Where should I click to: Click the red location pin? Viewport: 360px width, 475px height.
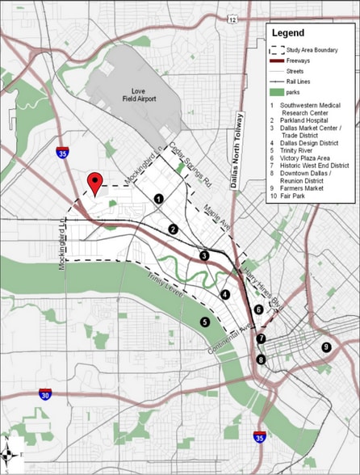[96, 183]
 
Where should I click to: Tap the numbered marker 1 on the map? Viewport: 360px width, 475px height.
[159, 198]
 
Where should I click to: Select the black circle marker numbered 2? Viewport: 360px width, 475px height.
[173, 229]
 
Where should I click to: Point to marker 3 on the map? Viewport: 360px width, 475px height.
[205, 256]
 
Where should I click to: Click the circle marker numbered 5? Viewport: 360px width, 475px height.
[205, 322]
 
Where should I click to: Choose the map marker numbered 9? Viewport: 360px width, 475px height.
[326, 347]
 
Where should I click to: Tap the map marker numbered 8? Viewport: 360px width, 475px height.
[261, 359]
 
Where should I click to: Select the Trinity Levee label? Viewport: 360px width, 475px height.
[166, 289]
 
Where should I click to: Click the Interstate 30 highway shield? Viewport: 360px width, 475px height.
[45, 394]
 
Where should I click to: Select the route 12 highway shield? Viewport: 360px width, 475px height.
[232, 19]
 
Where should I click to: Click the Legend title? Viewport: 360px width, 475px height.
[287, 34]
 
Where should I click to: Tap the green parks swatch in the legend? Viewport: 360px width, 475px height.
[277, 91]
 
